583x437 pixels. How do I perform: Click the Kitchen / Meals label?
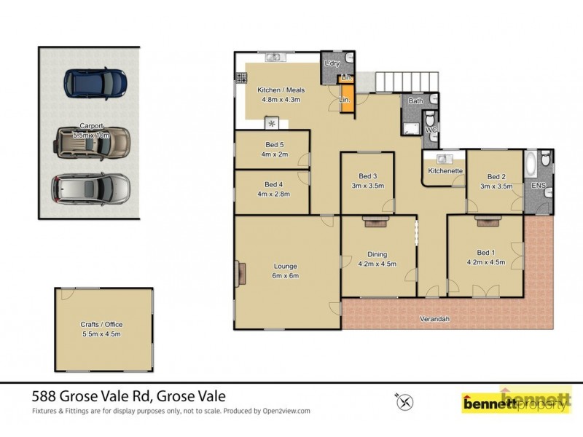point(280,90)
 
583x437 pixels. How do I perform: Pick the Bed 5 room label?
point(273,144)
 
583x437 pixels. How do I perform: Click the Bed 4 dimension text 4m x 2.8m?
point(273,194)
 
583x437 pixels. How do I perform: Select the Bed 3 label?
point(367,176)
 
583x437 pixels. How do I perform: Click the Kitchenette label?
point(445,170)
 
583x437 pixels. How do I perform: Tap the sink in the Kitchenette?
point(442,157)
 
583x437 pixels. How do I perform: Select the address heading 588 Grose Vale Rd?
point(129,397)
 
